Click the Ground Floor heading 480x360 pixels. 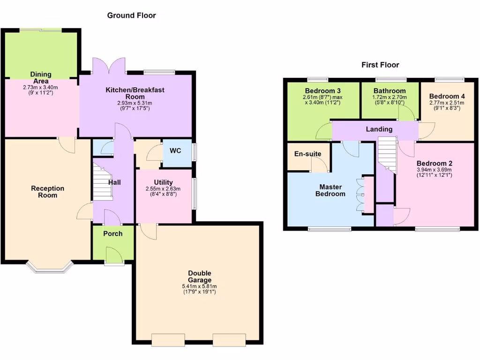131,15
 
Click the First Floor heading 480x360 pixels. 380,65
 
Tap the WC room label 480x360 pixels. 175,151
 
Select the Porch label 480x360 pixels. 112,233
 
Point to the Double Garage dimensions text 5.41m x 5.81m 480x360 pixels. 199,286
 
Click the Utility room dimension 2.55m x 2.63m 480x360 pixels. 163,189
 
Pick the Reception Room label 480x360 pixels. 47,192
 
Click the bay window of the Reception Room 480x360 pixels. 49,267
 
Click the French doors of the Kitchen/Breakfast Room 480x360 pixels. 109,66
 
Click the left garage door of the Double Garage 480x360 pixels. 168,339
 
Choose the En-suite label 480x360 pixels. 307,154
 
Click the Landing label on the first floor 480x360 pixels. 379,129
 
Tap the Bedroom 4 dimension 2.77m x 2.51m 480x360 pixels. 446,103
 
